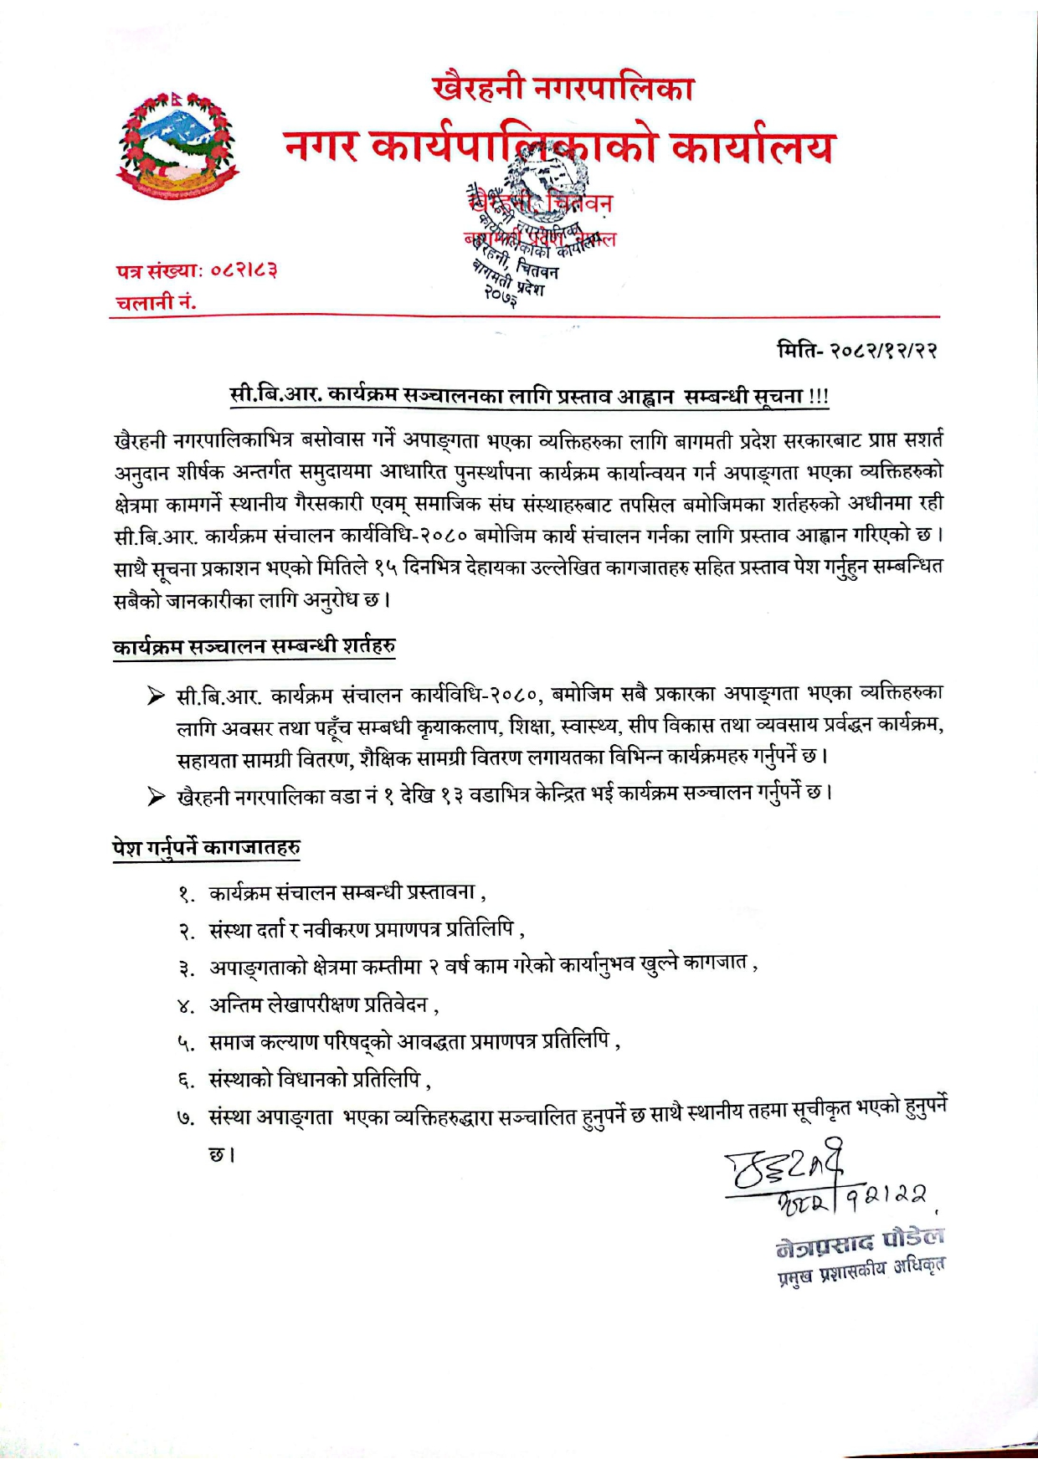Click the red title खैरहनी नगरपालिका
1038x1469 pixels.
click(563, 88)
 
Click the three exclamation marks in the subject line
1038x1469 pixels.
click(819, 395)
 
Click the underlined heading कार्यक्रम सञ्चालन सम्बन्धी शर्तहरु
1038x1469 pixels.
click(254, 646)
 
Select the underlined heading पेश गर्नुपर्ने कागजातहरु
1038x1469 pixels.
click(207, 847)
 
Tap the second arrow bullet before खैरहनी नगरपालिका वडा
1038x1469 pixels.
click(156, 796)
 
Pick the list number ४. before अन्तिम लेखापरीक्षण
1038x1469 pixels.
click(186, 1005)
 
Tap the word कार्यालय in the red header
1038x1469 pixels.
click(753, 148)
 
